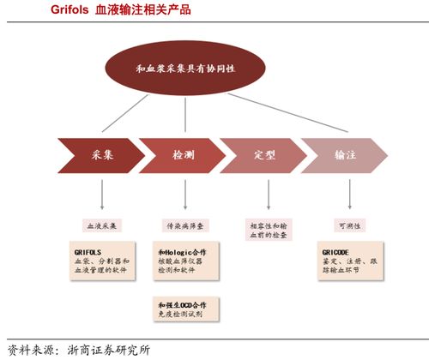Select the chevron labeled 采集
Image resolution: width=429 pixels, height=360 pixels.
coord(103,155)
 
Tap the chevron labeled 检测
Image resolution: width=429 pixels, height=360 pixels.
coord(184,155)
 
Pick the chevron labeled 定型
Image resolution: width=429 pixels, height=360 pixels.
coord(264,155)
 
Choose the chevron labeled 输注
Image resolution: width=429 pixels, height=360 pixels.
coord(344,155)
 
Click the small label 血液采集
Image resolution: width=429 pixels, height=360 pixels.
coord(102,225)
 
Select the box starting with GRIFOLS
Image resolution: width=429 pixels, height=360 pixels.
coord(102,261)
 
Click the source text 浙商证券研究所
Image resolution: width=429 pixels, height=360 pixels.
coord(107,350)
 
